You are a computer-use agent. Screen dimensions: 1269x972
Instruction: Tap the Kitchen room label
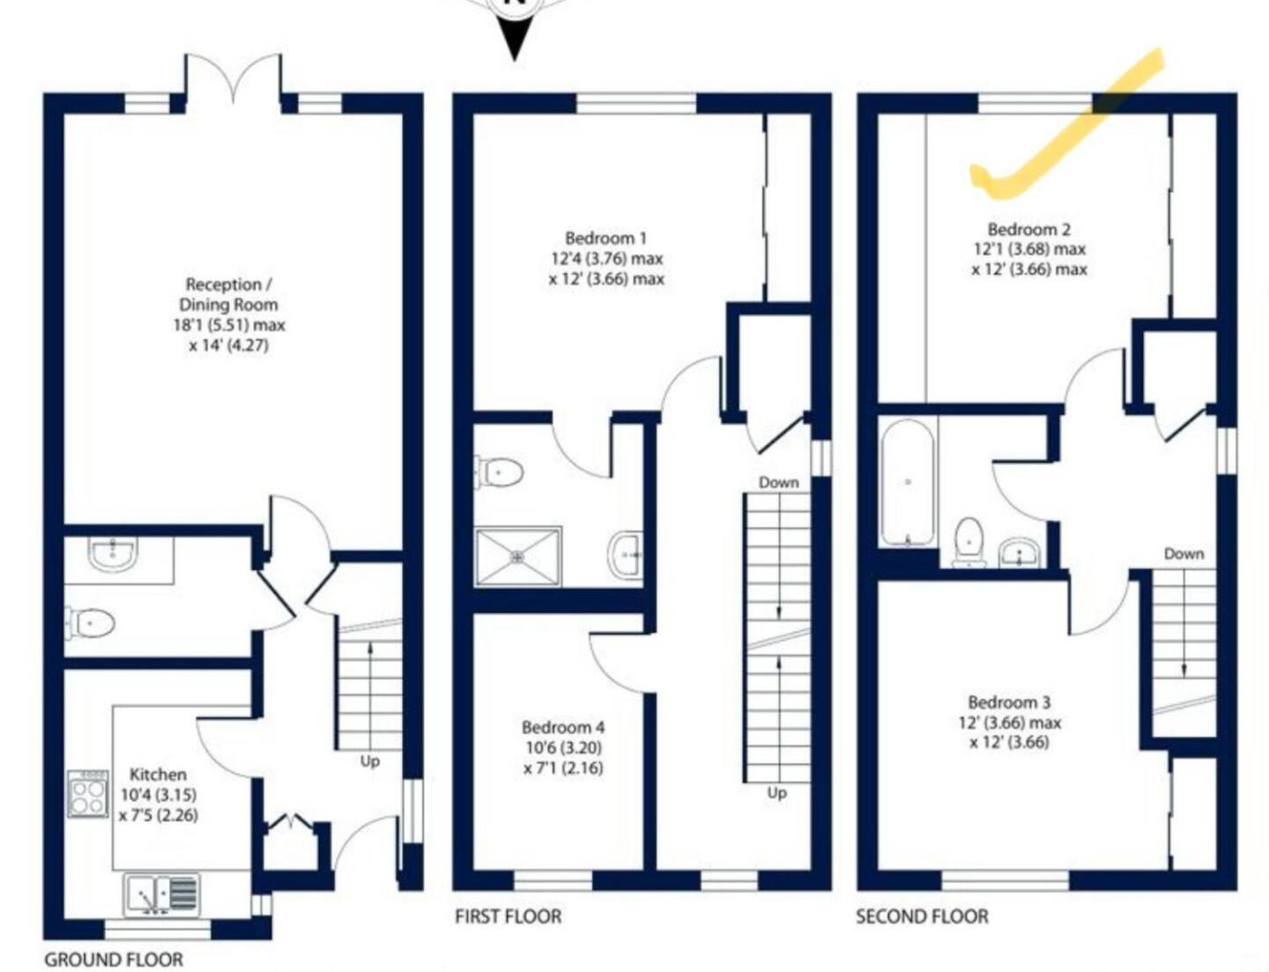[158, 775]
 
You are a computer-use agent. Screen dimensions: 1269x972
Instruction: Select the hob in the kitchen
[88, 793]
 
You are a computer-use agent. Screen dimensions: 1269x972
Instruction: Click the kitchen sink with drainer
[162, 894]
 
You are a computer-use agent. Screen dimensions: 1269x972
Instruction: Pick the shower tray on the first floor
[518, 556]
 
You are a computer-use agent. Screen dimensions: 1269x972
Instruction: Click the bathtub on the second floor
[907, 483]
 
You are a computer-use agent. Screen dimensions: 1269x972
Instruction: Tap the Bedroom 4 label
[563, 727]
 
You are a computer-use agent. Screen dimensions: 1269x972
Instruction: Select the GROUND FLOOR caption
[114, 960]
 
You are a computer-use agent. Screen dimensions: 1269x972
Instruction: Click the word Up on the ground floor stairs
[369, 761]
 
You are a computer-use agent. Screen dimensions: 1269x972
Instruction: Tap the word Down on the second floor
[1184, 553]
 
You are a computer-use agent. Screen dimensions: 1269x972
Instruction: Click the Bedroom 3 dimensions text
[1010, 732]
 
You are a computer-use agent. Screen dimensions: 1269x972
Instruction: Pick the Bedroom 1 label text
[606, 238]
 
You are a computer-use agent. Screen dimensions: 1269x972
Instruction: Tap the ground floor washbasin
[113, 553]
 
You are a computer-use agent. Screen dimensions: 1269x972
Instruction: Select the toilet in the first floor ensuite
[499, 471]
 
